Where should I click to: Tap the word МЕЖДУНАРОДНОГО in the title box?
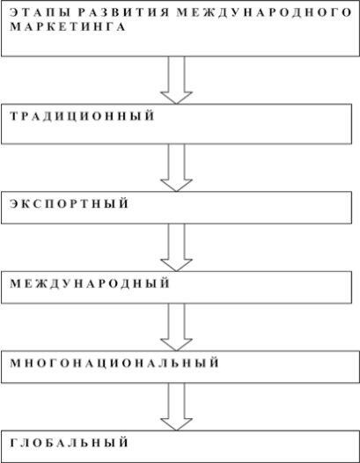265,12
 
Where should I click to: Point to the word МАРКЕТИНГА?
68,26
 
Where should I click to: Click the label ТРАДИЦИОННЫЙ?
82,116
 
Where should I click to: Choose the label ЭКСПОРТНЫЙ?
70,203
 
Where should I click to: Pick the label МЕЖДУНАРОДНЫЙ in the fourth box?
90,283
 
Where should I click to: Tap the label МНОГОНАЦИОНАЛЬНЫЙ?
114,364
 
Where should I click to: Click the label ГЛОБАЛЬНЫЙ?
70,443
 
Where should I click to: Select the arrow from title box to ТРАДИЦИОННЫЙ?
176,80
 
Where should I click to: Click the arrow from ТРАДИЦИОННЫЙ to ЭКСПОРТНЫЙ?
176,168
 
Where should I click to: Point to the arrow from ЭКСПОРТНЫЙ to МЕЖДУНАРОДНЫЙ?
176,247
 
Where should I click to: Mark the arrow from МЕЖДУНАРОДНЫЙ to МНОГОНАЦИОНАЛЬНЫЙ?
176,327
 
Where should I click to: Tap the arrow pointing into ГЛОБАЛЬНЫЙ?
176,407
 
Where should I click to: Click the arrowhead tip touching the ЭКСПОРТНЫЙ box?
176,192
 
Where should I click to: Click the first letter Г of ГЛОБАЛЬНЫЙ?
13,443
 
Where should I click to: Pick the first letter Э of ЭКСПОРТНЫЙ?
14,203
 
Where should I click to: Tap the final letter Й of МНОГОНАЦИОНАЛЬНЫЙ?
215,363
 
